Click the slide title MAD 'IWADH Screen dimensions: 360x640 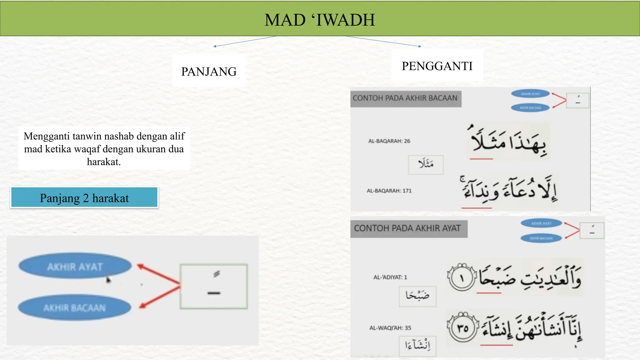(319, 20)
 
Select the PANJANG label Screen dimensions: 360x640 (209, 72)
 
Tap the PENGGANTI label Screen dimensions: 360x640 (437, 66)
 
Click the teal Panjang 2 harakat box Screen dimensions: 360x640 (84, 198)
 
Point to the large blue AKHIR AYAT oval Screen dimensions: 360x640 (75, 267)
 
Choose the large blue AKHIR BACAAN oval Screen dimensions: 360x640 (74, 308)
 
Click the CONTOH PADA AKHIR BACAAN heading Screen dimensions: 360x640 (405, 98)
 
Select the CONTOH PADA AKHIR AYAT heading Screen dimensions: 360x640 (407, 228)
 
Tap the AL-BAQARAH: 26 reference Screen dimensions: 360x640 (389, 141)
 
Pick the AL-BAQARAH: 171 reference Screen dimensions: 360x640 (389, 191)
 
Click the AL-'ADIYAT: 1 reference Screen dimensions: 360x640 (390, 277)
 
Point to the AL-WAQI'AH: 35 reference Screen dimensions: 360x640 (390, 328)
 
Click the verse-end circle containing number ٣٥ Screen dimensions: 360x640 (463, 328)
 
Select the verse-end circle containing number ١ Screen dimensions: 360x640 (462, 277)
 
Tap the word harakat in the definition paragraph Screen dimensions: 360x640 (103, 162)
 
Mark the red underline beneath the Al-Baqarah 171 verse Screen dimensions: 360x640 (476, 208)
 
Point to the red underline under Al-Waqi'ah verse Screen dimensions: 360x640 (496, 345)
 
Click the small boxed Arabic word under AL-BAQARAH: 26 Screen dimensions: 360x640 (426, 164)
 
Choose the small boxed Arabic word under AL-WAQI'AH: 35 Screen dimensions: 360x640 (417, 345)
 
